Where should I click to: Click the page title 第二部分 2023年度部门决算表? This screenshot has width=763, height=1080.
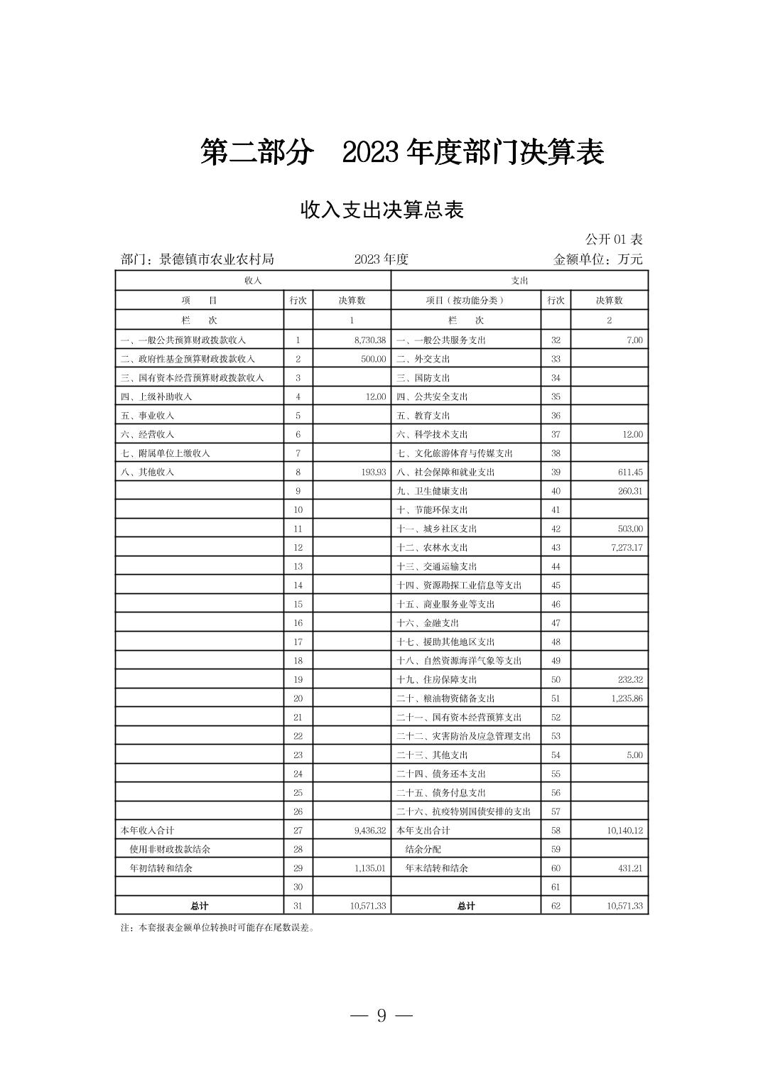click(402, 153)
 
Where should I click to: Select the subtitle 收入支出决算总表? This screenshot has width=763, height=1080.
click(381, 210)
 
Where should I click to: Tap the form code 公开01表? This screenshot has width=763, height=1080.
click(614, 239)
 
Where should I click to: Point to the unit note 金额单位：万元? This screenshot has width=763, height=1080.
click(597, 259)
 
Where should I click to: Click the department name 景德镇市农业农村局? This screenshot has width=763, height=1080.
click(217, 259)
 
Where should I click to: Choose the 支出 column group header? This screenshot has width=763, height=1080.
click(519, 281)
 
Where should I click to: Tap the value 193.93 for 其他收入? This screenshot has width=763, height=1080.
click(373, 472)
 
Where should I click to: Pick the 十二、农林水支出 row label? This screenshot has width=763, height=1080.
click(432, 547)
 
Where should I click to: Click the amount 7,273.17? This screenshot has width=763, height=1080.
click(625, 547)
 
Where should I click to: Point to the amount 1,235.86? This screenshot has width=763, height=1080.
click(625, 698)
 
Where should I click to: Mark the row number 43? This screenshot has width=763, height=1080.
click(556, 547)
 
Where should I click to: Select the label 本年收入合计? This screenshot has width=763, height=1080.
click(147, 830)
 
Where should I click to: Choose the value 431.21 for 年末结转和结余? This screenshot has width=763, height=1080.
click(630, 868)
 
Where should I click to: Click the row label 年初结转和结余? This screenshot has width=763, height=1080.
click(161, 868)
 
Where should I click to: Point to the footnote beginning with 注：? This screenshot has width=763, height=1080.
click(217, 927)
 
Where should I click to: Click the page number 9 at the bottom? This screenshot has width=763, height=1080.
click(381, 1015)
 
